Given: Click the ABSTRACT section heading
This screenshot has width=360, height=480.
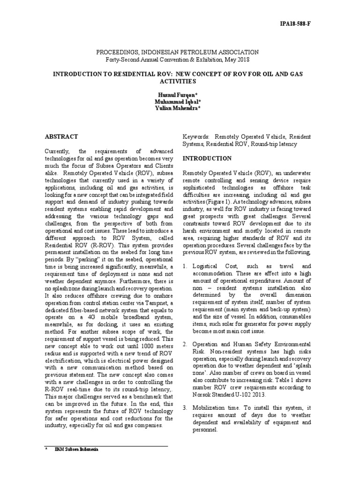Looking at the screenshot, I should point(61,136).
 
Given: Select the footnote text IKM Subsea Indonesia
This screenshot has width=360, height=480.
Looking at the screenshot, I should point(75,450).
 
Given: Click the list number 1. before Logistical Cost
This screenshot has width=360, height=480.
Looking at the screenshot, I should point(185,266).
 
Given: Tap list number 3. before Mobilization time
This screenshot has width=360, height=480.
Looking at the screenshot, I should point(185,407).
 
